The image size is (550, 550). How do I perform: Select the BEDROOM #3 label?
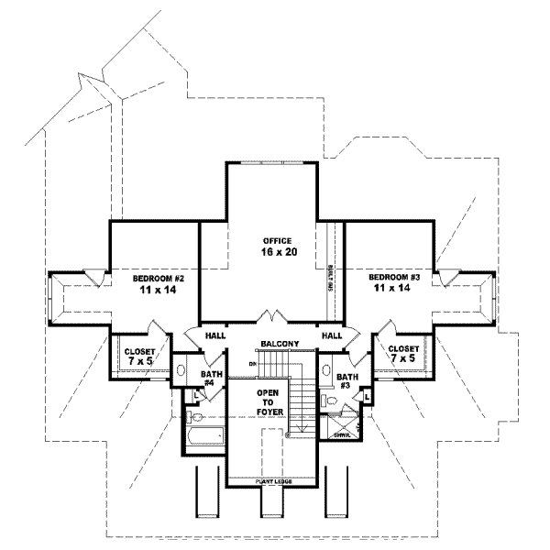(x=396, y=282)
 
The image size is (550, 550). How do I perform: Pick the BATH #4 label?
(x=211, y=379)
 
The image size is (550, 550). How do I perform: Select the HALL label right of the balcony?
(x=331, y=336)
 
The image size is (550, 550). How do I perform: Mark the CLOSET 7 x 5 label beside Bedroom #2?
(x=139, y=356)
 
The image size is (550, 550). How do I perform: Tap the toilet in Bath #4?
(x=192, y=397)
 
